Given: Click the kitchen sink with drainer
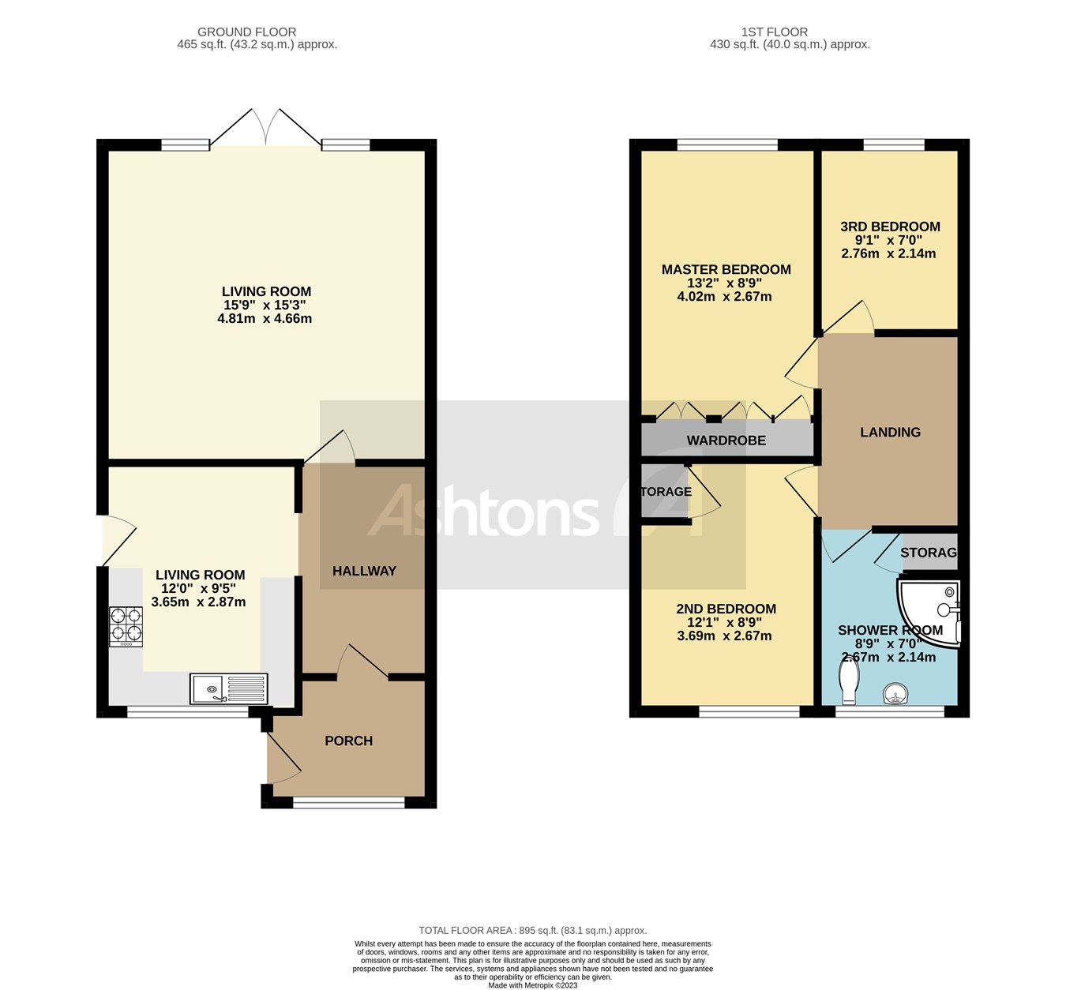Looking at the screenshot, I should tap(228, 688).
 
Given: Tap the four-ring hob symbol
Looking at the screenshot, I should tap(126, 625).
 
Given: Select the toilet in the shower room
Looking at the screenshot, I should tap(849, 681).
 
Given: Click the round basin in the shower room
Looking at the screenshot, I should tap(895, 694).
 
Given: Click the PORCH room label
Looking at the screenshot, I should tap(348, 741).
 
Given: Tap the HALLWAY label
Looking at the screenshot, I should tap(364, 571).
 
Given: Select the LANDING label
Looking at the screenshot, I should tap(890, 432).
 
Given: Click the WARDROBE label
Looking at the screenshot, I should tap(726, 441).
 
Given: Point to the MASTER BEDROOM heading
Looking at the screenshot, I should tap(726, 269).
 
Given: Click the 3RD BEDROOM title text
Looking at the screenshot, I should tap(890, 227).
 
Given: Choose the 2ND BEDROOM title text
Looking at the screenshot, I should tap(726, 609).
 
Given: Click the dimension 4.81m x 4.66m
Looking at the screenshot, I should tap(265, 319).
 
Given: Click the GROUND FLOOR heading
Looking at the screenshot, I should tap(246, 32).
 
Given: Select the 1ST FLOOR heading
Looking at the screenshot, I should tap(774, 32).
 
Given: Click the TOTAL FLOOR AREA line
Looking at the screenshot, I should tap(532, 931).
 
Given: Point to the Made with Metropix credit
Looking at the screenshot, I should tap(532, 984).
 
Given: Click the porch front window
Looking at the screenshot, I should tap(348, 803).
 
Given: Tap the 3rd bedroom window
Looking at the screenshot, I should tap(893, 144).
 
